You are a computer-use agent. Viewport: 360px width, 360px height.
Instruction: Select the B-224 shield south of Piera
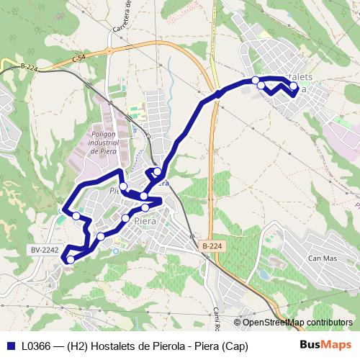pyautogui.click(x=212, y=246)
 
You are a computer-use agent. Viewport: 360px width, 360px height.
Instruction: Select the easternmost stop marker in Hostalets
pyautogui.click(x=293, y=86)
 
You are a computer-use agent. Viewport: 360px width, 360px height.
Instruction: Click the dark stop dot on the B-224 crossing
pyautogui.click(x=217, y=94)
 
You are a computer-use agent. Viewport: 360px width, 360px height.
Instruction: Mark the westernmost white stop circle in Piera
pyautogui.click(x=76, y=215)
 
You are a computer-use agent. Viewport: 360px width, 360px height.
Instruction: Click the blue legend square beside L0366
pyautogui.click(x=11, y=346)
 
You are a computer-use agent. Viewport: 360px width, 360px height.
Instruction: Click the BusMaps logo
pyautogui.click(x=325, y=346)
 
